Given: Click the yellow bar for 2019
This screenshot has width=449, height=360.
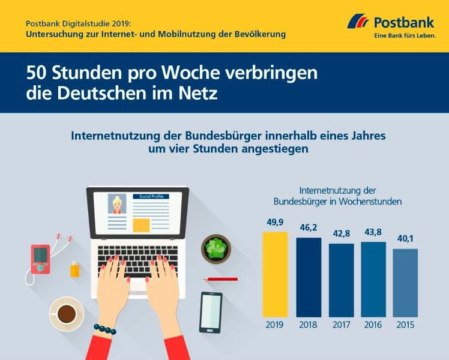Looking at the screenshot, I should (x=276, y=274).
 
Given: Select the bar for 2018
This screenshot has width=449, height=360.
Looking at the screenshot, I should (x=309, y=277).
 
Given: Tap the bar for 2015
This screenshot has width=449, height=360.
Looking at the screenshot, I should (x=405, y=283).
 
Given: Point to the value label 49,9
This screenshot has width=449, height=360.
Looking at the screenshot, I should (x=276, y=223).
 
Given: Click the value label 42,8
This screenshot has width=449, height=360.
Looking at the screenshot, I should (x=341, y=234).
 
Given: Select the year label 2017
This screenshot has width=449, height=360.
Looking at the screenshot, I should (x=341, y=325).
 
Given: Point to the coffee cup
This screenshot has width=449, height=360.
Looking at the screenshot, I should (x=66, y=313).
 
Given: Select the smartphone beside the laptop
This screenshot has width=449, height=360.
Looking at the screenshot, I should (x=211, y=312).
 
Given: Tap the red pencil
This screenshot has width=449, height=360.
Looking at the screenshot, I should (x=220, y=279).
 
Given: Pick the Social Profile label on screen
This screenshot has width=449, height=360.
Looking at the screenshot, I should (x=151, y=196).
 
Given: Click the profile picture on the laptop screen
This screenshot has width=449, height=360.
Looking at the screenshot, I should (x=117, y=204).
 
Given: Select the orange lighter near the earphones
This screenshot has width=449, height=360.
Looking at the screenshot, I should (x=74, y=269).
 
